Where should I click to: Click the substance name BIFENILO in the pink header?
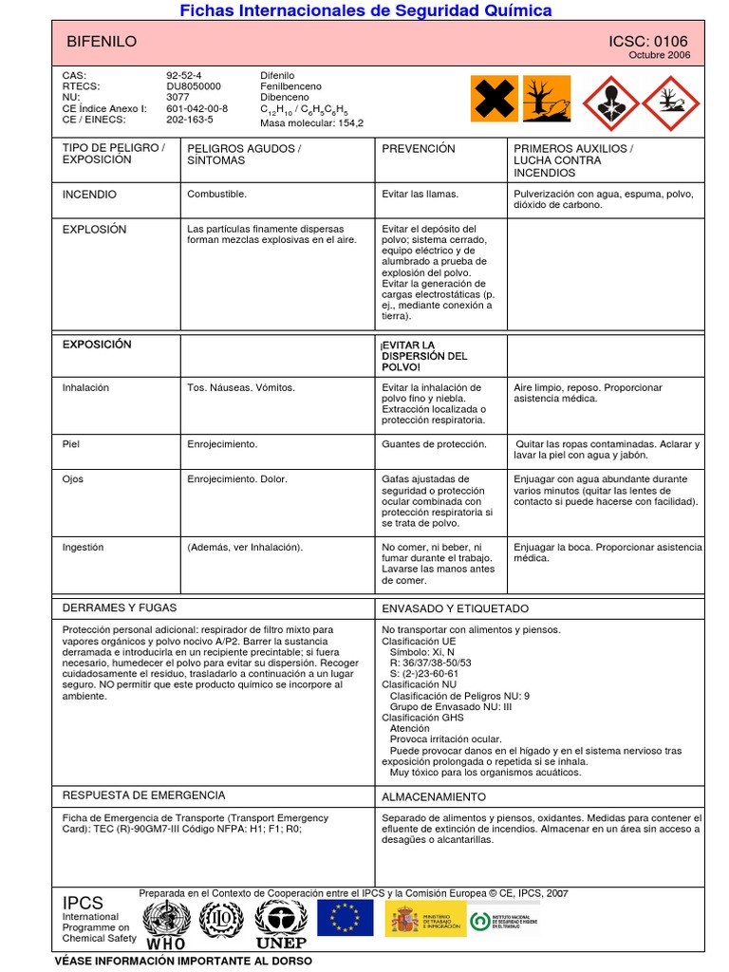tap(102, 42)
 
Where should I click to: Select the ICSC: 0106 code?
tap(648, 41)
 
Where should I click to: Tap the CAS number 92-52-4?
tap(184, 75)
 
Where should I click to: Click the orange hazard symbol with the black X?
tap(495, 99)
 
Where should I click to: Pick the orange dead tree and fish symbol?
tap(547, 99)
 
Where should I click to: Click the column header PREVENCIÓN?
tap(418, 149)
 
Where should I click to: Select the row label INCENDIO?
tap(89, 195)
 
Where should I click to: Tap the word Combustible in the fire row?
tap(216, 195)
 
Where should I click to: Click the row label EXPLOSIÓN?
tap(94, 230)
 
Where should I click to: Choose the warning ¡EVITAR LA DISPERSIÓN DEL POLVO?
tap(423, 355)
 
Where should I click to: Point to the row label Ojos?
tap(73, 479)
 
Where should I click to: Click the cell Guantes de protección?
tap(434, 444)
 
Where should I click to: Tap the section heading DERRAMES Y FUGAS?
tap(120, 607)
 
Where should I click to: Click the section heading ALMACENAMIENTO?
tap(433, 797)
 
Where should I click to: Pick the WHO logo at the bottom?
tap(166, 925)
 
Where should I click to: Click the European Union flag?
tap(345, 918)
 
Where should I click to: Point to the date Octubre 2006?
tap(660, 55)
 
